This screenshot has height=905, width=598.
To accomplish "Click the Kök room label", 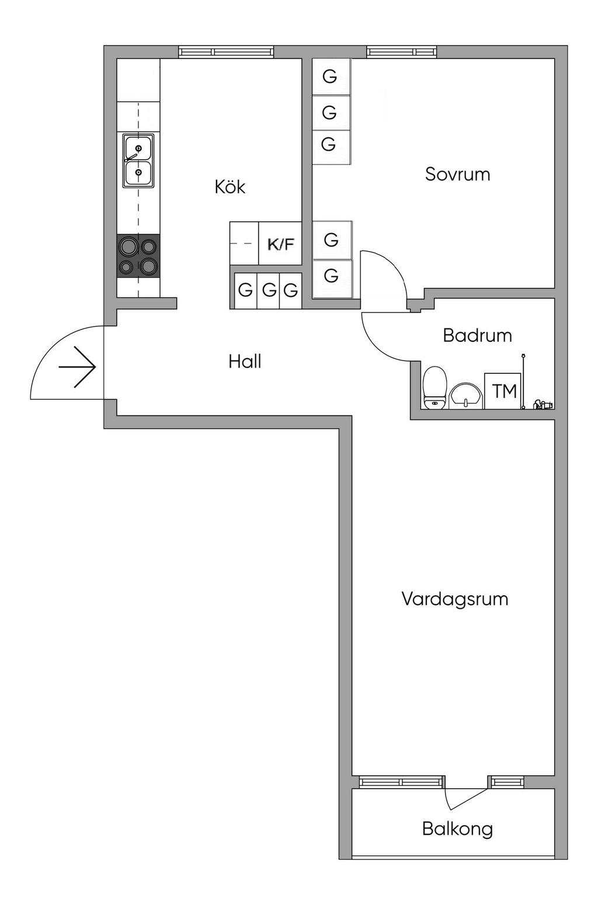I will pos(230,187).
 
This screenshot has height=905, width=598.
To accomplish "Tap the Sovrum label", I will pos(457,174).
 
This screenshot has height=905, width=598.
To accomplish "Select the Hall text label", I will pos(245,362).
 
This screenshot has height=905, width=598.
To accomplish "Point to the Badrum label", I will pos(477,335).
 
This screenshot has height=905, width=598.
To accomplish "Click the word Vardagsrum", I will pos(454,599).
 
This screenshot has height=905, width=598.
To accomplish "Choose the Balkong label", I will pos(457,828).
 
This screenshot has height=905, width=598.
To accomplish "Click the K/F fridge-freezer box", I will pos(280,244).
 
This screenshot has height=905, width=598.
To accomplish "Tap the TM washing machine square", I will pos(503,391).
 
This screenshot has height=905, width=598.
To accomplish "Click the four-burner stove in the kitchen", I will pos(138,255).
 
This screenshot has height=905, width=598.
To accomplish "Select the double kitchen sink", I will pos(138,161).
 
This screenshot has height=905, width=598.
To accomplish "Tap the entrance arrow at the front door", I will pos(78,367).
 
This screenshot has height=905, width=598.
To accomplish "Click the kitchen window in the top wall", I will pos(226,52).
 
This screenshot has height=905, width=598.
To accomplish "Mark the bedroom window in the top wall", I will pos(401,52).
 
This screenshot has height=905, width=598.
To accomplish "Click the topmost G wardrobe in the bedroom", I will pos(331,77).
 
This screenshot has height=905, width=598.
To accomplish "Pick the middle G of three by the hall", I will pos(268,290).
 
